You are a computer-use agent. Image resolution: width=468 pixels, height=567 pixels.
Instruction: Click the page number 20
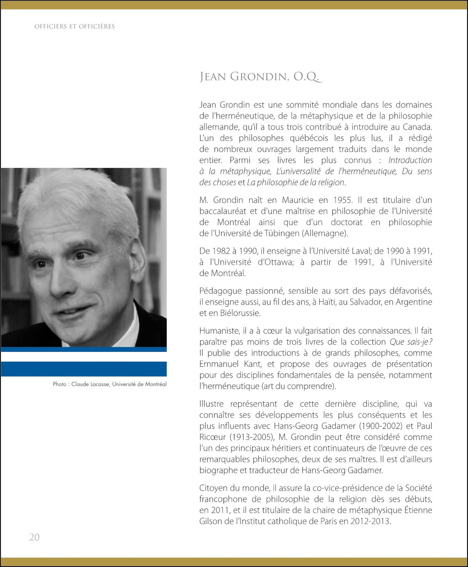point(34,537)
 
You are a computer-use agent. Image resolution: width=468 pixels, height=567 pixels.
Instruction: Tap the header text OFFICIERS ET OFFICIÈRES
point(75,26)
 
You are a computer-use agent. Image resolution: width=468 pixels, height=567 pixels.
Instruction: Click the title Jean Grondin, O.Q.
point(261,77)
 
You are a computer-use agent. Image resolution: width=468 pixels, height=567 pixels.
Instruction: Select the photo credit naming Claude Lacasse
point(110,384)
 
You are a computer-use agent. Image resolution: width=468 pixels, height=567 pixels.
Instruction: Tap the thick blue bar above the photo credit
point(84,369)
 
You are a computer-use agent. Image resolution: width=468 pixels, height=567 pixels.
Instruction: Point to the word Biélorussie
point(240,313)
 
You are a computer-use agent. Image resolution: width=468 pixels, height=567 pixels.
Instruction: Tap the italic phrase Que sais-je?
point(411,342)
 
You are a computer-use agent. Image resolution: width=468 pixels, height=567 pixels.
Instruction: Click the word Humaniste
point(219,331)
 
